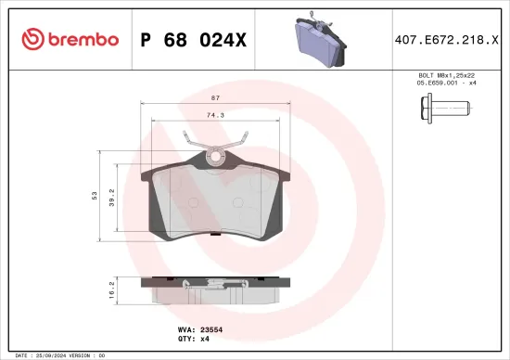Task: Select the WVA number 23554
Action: pos(225,328)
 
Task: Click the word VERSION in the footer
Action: pos(81,355)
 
